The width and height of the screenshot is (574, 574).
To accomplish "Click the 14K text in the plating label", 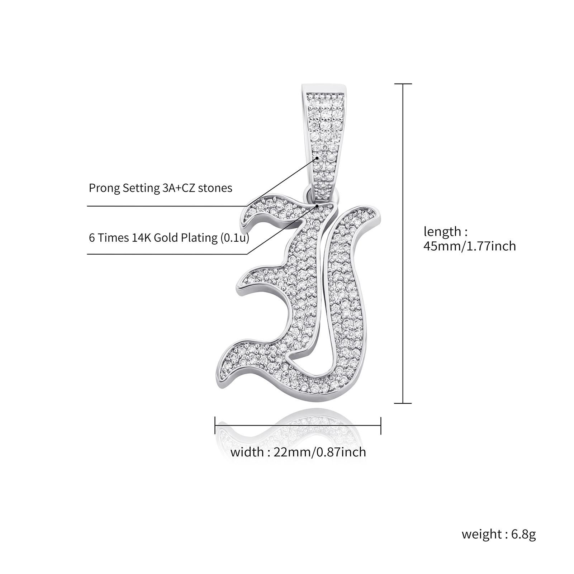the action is point(142,238).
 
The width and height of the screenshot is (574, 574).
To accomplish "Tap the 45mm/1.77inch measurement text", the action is point(470,246).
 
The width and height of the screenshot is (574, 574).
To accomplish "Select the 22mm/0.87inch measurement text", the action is point(320,452).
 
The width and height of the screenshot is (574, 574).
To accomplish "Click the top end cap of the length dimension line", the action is point(403,84).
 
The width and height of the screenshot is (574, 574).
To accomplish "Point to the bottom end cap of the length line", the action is point(403,403).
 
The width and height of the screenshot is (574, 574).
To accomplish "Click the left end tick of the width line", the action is point(215,426).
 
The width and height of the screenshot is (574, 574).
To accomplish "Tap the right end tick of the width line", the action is point(381,426).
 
